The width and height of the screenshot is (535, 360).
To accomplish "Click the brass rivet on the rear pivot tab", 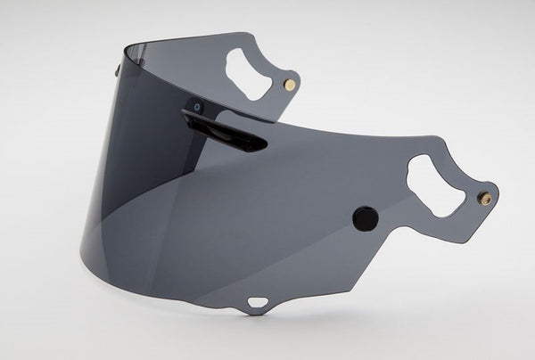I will coord(288,83).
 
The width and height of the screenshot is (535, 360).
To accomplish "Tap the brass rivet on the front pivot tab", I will coord(484,197).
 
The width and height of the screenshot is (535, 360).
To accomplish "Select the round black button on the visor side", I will coord(365,218).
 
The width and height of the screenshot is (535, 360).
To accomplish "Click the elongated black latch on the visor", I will coord(227,128).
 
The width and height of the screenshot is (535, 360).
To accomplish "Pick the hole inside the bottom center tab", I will coord(257,300).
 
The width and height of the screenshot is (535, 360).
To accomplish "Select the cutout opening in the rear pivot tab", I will coord(247,70).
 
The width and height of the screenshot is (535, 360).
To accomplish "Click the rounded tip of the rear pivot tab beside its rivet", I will coord(298,81).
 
